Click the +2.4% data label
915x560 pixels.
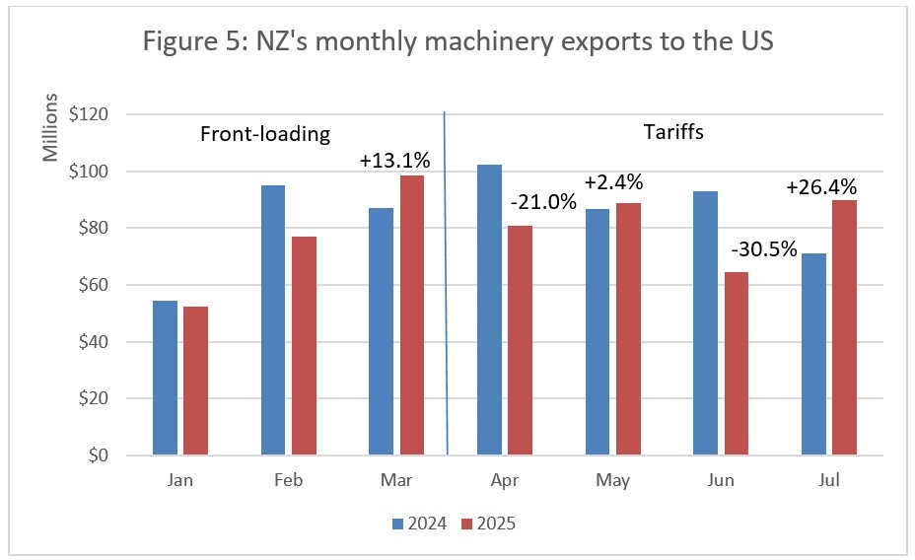613,182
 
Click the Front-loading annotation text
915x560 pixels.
264,134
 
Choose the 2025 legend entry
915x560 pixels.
487,524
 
